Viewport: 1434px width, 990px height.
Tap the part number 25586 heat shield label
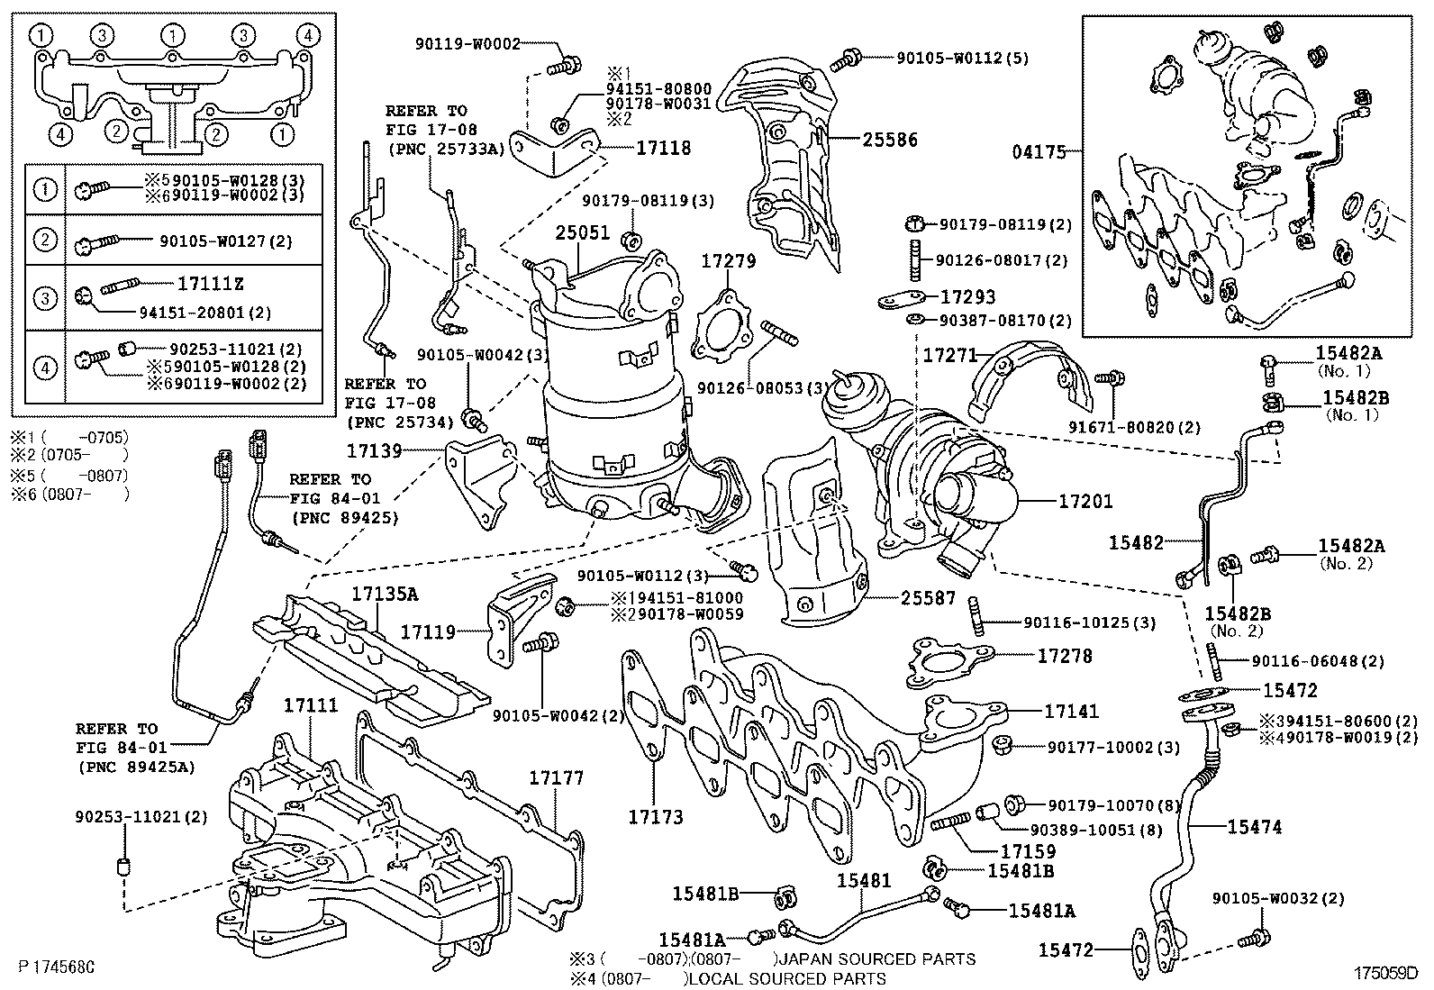[x=889, y=140]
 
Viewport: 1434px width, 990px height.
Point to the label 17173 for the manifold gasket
[x=655, y=817]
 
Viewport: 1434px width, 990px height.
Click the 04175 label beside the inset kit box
[x=1039, y=152]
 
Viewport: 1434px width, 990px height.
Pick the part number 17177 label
[x=556, y=777]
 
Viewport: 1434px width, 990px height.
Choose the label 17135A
[x=385, y=595]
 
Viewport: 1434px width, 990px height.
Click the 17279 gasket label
[x=729, y=262]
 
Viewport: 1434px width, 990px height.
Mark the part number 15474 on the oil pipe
[x=1255, y=826]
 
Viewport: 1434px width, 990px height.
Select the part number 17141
[x=1072, y=712]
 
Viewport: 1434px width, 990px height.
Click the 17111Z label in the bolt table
[x=210, y=285]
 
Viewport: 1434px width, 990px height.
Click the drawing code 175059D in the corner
[x=1384, y=973]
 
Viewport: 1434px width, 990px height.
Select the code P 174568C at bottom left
[x=56, y=967]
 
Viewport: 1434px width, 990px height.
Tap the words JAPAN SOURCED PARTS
[x=879, y=959]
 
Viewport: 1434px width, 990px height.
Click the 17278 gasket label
[x=1065, y=656]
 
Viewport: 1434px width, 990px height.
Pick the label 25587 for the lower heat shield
[x=929, y=597]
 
